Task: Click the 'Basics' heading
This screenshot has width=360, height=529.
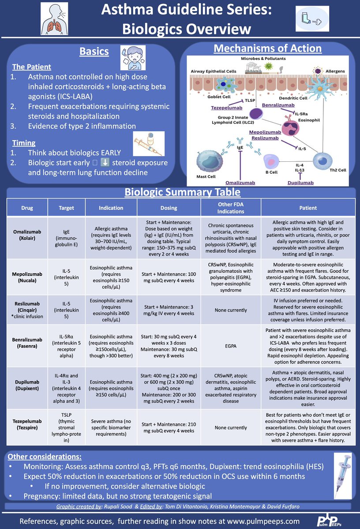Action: click(94, 52)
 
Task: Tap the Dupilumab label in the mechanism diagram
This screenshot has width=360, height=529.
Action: click(300, 183)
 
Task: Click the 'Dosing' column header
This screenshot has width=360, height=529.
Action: click(169, 208)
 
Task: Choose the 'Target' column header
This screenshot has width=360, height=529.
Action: click(67, 208)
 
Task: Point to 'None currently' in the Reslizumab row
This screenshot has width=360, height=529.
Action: click(231, 310)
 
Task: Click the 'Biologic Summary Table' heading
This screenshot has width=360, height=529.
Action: click(182, 192)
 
